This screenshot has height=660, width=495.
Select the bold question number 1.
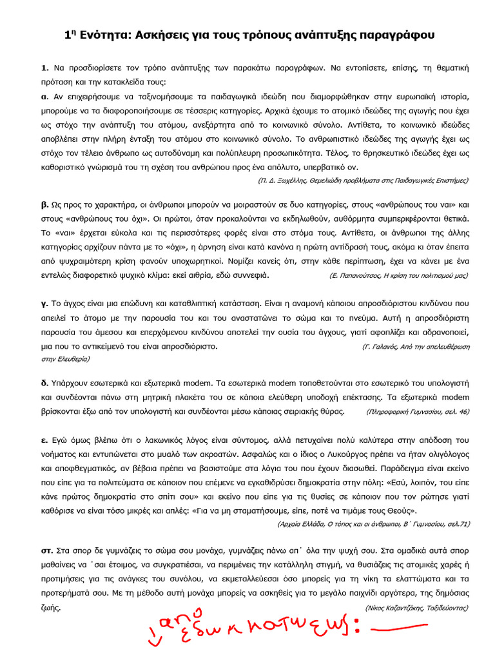pyautogui.click(x=44, y=67)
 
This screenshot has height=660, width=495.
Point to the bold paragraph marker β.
pyautogui.click(x=44, y=204)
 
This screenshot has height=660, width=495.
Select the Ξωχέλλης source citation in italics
pyautogui.click(x=363, y=180)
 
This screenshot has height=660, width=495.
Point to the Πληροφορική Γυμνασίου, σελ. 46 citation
pyautogui.click(x=417, y=411)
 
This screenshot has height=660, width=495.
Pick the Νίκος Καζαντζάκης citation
pyautogui.click(x=417, y=608)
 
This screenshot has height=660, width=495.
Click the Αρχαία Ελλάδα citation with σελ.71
pyautogui.click(x=373, y=524)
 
